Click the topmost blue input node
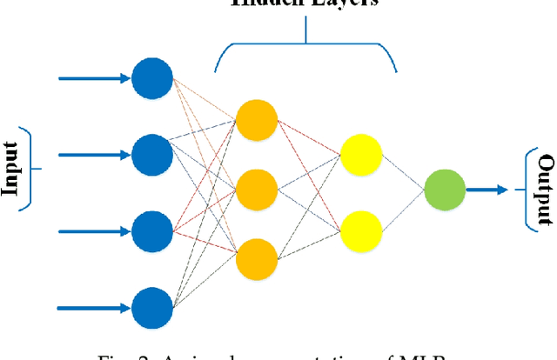click(x=152, y=79)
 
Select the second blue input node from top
click(x=152, y=156)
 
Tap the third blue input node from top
click(x=152, y=231)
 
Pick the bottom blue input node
click(x=152, y=306)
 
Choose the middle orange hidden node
click(x=257, y=188)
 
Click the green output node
click(x=444, y=188)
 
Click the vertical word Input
click(x=11, y=169)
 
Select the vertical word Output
click(x=546, y=189)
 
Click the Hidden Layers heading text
click(x=305, y=3)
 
